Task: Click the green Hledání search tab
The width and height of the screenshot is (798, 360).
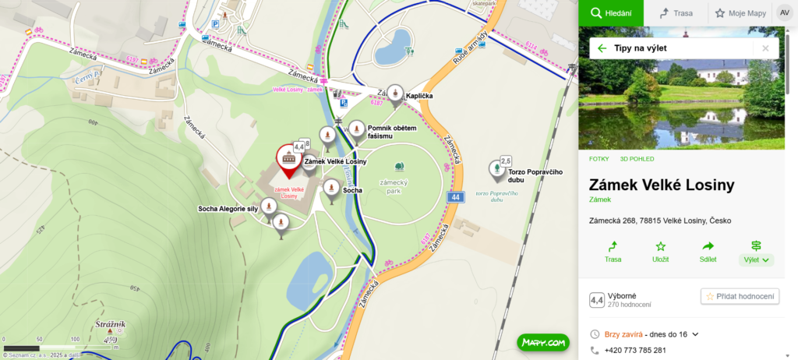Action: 610,13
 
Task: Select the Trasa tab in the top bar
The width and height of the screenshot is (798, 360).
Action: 676,13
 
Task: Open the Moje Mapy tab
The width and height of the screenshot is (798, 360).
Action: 739,13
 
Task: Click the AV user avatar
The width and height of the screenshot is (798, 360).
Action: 783,12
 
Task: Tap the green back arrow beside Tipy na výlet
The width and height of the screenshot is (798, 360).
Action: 602,48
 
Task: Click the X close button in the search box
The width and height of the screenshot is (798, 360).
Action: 765,48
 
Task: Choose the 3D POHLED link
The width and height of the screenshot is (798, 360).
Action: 637,159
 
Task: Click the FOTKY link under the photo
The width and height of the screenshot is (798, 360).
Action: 598,159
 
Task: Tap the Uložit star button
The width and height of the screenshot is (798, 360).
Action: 660,251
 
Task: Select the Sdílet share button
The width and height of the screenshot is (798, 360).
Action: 708,251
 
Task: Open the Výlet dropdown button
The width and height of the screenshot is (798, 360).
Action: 756,252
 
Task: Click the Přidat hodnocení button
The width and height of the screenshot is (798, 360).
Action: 740,296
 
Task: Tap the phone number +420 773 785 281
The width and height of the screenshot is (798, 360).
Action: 635,351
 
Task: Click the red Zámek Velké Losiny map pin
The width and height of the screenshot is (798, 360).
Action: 288,160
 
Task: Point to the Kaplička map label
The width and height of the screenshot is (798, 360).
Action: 419,96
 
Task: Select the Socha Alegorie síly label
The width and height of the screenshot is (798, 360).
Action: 228,209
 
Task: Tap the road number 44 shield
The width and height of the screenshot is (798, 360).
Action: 454,198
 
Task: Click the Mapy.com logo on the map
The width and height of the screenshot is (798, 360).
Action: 543,342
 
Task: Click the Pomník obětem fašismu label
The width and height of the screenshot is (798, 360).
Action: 393,132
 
